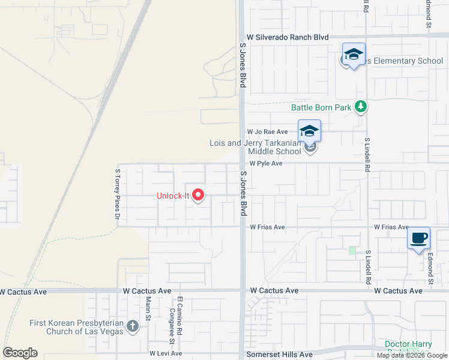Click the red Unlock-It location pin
pos(197,196)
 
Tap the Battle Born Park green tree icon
pos(360,107)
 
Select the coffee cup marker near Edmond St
pos(419,238)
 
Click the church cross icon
pos(133,327)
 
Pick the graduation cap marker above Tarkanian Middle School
pos(309,131)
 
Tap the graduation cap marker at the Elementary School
pos(354,55)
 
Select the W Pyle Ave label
pos(266,163)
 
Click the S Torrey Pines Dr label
pos(118,193)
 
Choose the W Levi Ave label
pos(166,353)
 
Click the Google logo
pos(20,353)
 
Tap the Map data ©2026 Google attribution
pos(412,355)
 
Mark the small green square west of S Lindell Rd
pos(352,250)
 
